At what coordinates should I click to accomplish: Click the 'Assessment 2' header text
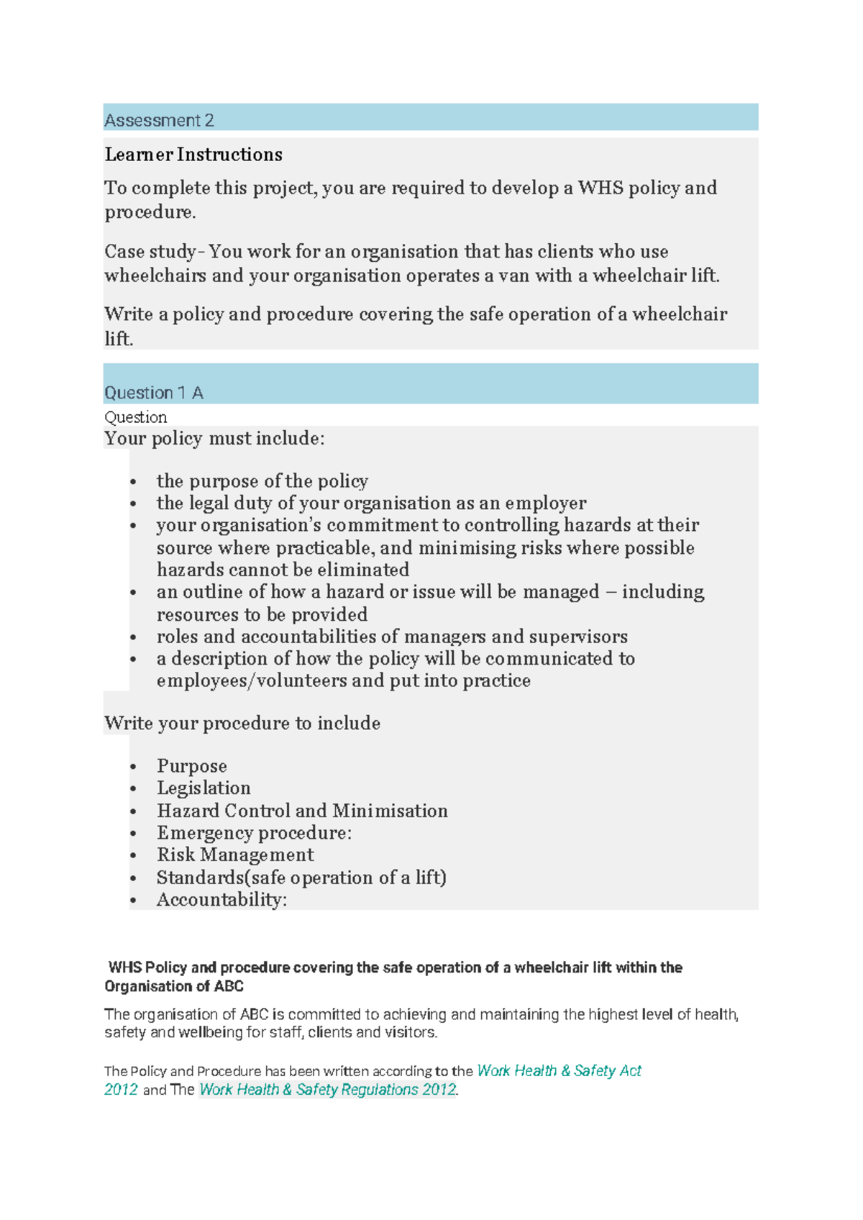159,120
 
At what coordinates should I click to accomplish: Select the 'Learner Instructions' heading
193,155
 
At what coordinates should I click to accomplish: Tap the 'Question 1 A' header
154,393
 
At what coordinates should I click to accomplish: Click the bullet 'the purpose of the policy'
262,481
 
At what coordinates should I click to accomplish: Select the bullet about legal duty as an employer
371,503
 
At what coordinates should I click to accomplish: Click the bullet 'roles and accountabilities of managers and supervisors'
392,637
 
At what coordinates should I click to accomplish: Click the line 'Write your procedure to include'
242,723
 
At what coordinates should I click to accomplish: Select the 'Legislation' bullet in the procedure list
204,788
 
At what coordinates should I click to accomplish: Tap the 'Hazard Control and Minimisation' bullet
302,811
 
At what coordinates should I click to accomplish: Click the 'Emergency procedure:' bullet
254,833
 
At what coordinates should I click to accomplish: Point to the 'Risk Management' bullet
235,855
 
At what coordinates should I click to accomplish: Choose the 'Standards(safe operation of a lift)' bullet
301,878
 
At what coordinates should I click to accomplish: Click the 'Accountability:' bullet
222,900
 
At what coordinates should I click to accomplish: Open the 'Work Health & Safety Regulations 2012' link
328,1090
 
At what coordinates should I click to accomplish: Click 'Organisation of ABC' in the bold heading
174,986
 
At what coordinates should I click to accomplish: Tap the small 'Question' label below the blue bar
135,417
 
